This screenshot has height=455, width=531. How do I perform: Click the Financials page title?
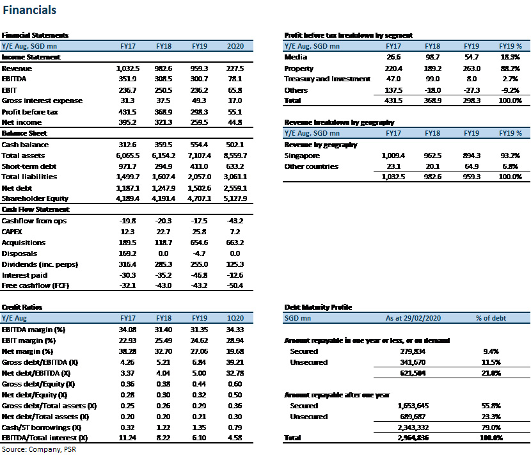(x=29, y=10)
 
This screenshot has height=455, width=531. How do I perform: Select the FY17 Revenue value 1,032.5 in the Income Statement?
(x=128, y=68)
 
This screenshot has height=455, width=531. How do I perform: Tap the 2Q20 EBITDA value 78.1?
(x=235, y=79)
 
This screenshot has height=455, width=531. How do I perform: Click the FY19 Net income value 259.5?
(x=199, y=122)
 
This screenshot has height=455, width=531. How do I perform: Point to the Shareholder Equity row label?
(x=35, y=198)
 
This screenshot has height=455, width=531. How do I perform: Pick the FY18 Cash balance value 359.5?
(x=164, y=145)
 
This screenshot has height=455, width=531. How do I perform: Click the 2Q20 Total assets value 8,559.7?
(x=235, y=156)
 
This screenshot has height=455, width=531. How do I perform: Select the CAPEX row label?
(x=12, y=232)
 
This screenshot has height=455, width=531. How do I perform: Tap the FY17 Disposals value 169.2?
(x=128, y=253)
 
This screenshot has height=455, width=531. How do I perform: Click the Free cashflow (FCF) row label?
(x=35, y=285)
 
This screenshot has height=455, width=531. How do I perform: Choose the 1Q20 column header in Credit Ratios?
(x=235, y=318)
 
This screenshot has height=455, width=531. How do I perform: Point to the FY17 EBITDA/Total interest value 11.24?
(x=127, y=438)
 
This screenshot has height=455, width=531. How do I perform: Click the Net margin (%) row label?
(x=28, y=351)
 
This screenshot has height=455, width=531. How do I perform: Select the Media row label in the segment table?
(x=296, y=57)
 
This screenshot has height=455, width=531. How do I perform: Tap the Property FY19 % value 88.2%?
(x=511, y=68)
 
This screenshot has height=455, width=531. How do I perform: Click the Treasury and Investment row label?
(x=327, y=79)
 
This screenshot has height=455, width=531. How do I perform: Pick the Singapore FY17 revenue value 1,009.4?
(x=393, y=156)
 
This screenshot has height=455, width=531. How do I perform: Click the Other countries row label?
(x=311, y=166)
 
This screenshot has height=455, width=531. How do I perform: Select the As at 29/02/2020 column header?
(x=413, y=318)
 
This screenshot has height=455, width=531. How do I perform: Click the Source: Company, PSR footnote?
(x=39, y=450)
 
